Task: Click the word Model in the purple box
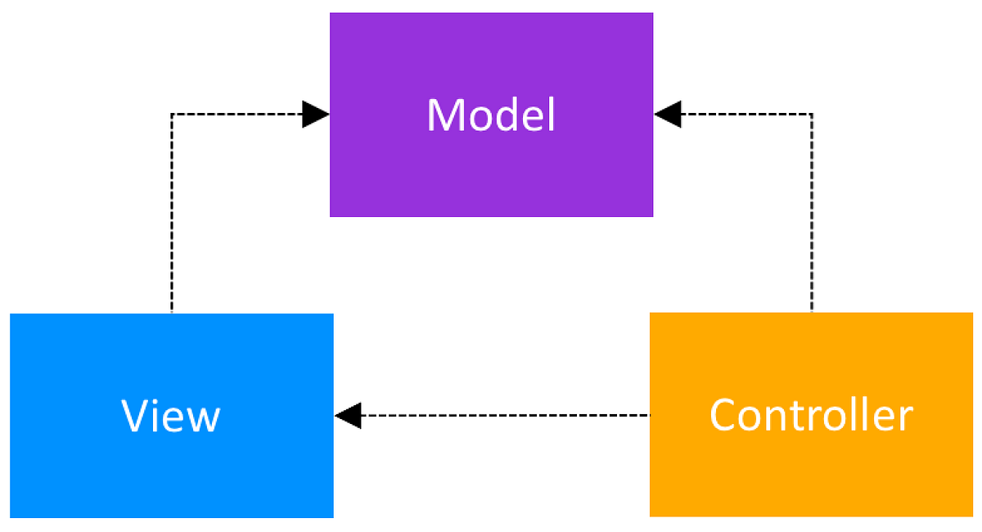point(491,115)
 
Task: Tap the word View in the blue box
point(171,416)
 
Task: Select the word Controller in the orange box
point(810,415)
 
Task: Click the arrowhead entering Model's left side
point(316,115)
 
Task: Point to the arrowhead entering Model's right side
point(668,115)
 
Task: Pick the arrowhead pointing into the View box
point(348,415)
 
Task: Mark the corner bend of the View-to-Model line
point(171,115)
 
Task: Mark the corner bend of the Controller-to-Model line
point(812,115)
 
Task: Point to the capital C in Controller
point(724,415)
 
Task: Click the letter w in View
point(203,419)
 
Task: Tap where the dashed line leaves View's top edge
point(171,313)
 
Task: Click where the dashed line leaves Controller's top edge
point(812,312)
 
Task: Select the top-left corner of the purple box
point(331,13)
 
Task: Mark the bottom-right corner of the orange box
point(972,516)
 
